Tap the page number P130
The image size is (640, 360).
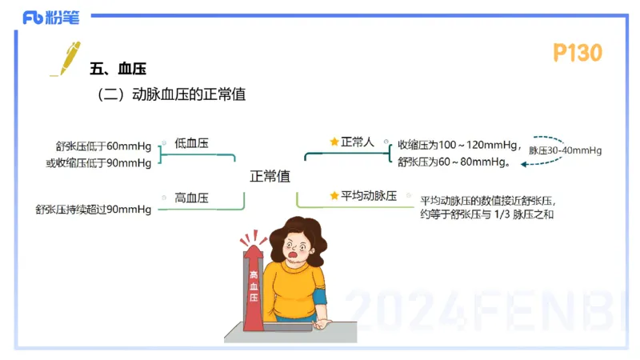[x=577, y=53]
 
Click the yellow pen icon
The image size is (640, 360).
[x=65, y=57]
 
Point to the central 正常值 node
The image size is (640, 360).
[x=270, y=175]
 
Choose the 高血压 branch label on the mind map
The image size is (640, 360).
[x=191, y=198]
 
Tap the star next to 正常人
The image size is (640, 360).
[x=334, y=142]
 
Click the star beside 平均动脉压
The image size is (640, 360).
[x=334, y=195]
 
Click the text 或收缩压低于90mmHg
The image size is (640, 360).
[x=99, y=163]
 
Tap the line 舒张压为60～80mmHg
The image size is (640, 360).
[x=454, y=162]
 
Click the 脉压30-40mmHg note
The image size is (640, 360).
[x=565, y=150]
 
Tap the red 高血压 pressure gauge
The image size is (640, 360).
[x=254, y=284]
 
